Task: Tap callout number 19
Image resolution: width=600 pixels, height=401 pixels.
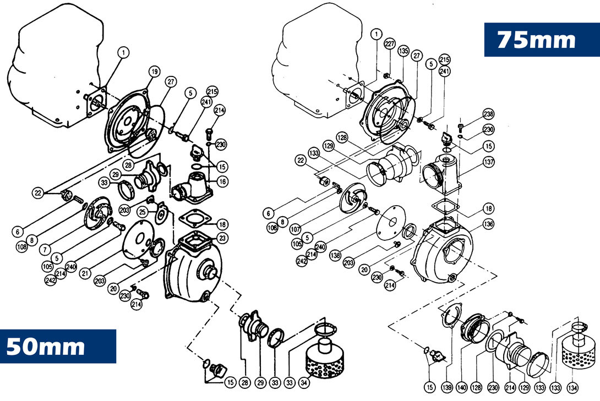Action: click(x=154, y=72)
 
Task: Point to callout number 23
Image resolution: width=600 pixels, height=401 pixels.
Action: click(x=222, y=238)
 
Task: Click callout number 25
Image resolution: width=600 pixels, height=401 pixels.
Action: click(x=141, y=212)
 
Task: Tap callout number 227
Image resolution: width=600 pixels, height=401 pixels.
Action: click(x=390, y=44)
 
